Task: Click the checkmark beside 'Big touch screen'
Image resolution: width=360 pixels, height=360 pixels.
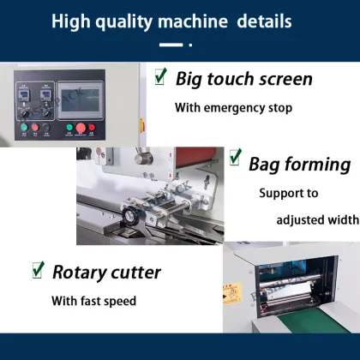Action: (160, 76)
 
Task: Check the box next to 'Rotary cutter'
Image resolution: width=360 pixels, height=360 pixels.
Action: (38, 270)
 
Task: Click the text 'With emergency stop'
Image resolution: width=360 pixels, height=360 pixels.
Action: (233, 108)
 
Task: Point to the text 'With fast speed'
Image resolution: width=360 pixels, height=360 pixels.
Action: (93, 301)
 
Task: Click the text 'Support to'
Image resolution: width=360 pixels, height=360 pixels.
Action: (288, 193)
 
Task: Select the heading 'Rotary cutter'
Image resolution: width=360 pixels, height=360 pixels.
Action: (106, 273)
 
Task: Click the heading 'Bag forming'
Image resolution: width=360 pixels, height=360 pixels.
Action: (299, 163)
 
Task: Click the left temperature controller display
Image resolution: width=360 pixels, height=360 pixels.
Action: (25, 90)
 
